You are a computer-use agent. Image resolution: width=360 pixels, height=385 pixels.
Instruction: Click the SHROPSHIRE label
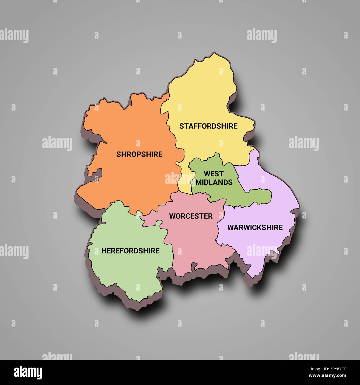point(139,154)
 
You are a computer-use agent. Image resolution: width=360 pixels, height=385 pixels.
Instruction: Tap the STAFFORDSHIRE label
point(208,126)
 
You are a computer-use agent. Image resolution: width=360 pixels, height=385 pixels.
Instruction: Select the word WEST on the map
point(214,174)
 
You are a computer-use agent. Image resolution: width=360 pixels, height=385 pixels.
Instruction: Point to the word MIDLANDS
point(214,182)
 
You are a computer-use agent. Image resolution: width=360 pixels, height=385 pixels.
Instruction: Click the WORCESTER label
point(191,216)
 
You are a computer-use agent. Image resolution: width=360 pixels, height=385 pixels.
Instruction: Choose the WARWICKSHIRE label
point(255,227)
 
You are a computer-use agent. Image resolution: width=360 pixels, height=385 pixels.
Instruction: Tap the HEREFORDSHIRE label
point(130,251)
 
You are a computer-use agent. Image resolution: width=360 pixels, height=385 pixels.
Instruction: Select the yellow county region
point(205,100)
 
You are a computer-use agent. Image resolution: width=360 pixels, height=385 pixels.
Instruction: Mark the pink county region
point(194,244)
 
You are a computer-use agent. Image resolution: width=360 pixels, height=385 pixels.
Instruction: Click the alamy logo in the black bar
point(28,372)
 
